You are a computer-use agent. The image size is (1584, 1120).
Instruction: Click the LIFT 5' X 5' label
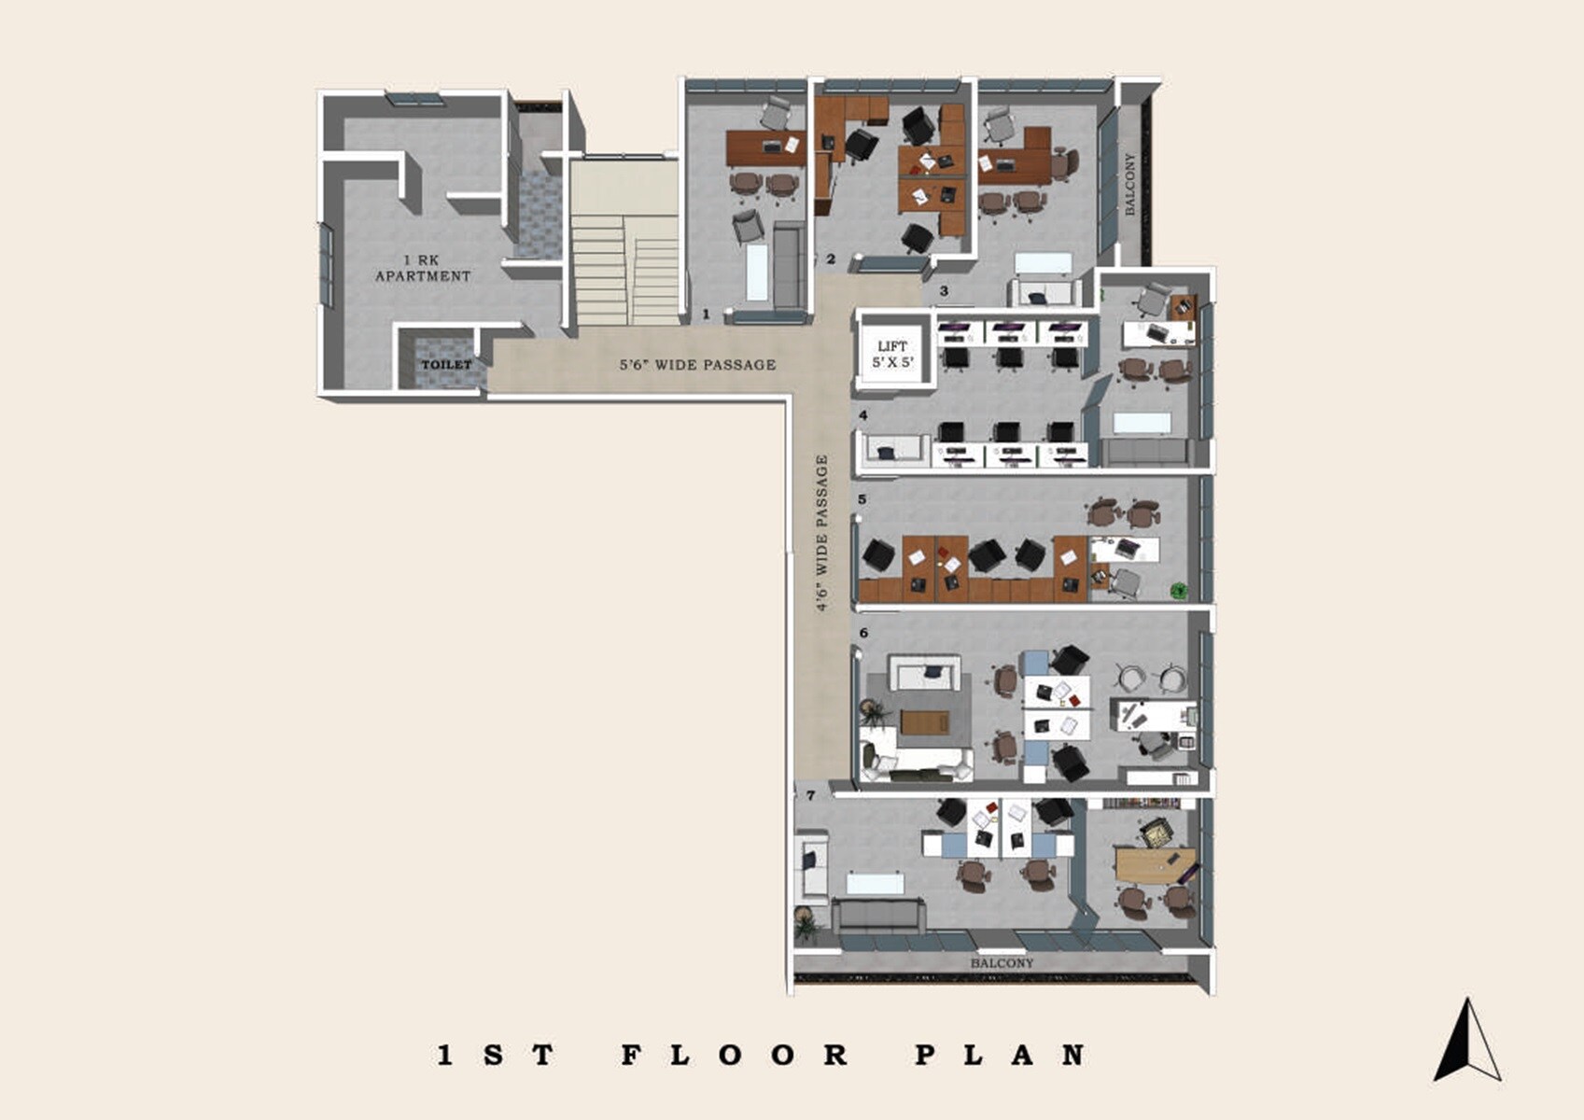pos(892,355)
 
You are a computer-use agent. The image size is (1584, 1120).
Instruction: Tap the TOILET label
pos(446,364)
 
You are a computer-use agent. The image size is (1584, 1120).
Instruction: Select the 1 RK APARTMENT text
pos(423,268)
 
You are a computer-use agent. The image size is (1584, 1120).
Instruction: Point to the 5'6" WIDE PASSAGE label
pos(697,365)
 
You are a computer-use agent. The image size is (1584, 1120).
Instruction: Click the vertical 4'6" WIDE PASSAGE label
pos(822,533)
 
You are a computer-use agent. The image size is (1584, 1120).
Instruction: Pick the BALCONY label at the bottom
pos(1002,963)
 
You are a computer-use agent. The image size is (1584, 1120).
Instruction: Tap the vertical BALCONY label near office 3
pos(1130,185)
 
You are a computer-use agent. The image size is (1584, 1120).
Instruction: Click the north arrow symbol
pos(1466,1040)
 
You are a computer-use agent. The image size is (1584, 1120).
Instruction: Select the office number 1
pos(706,315)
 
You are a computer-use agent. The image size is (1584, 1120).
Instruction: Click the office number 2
pos(830,259)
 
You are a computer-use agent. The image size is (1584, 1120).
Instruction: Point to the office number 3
pos(944,291)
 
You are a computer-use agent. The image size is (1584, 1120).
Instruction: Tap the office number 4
pos(863,415)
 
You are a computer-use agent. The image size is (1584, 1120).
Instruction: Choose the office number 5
pos(862,499)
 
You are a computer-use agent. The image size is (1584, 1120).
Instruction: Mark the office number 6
pos(863,633)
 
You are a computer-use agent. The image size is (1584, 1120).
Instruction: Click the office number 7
pos(811,796)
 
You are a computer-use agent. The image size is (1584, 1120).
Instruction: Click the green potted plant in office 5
pos(1179,590)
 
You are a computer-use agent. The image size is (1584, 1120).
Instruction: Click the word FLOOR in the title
pos(735,1056)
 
